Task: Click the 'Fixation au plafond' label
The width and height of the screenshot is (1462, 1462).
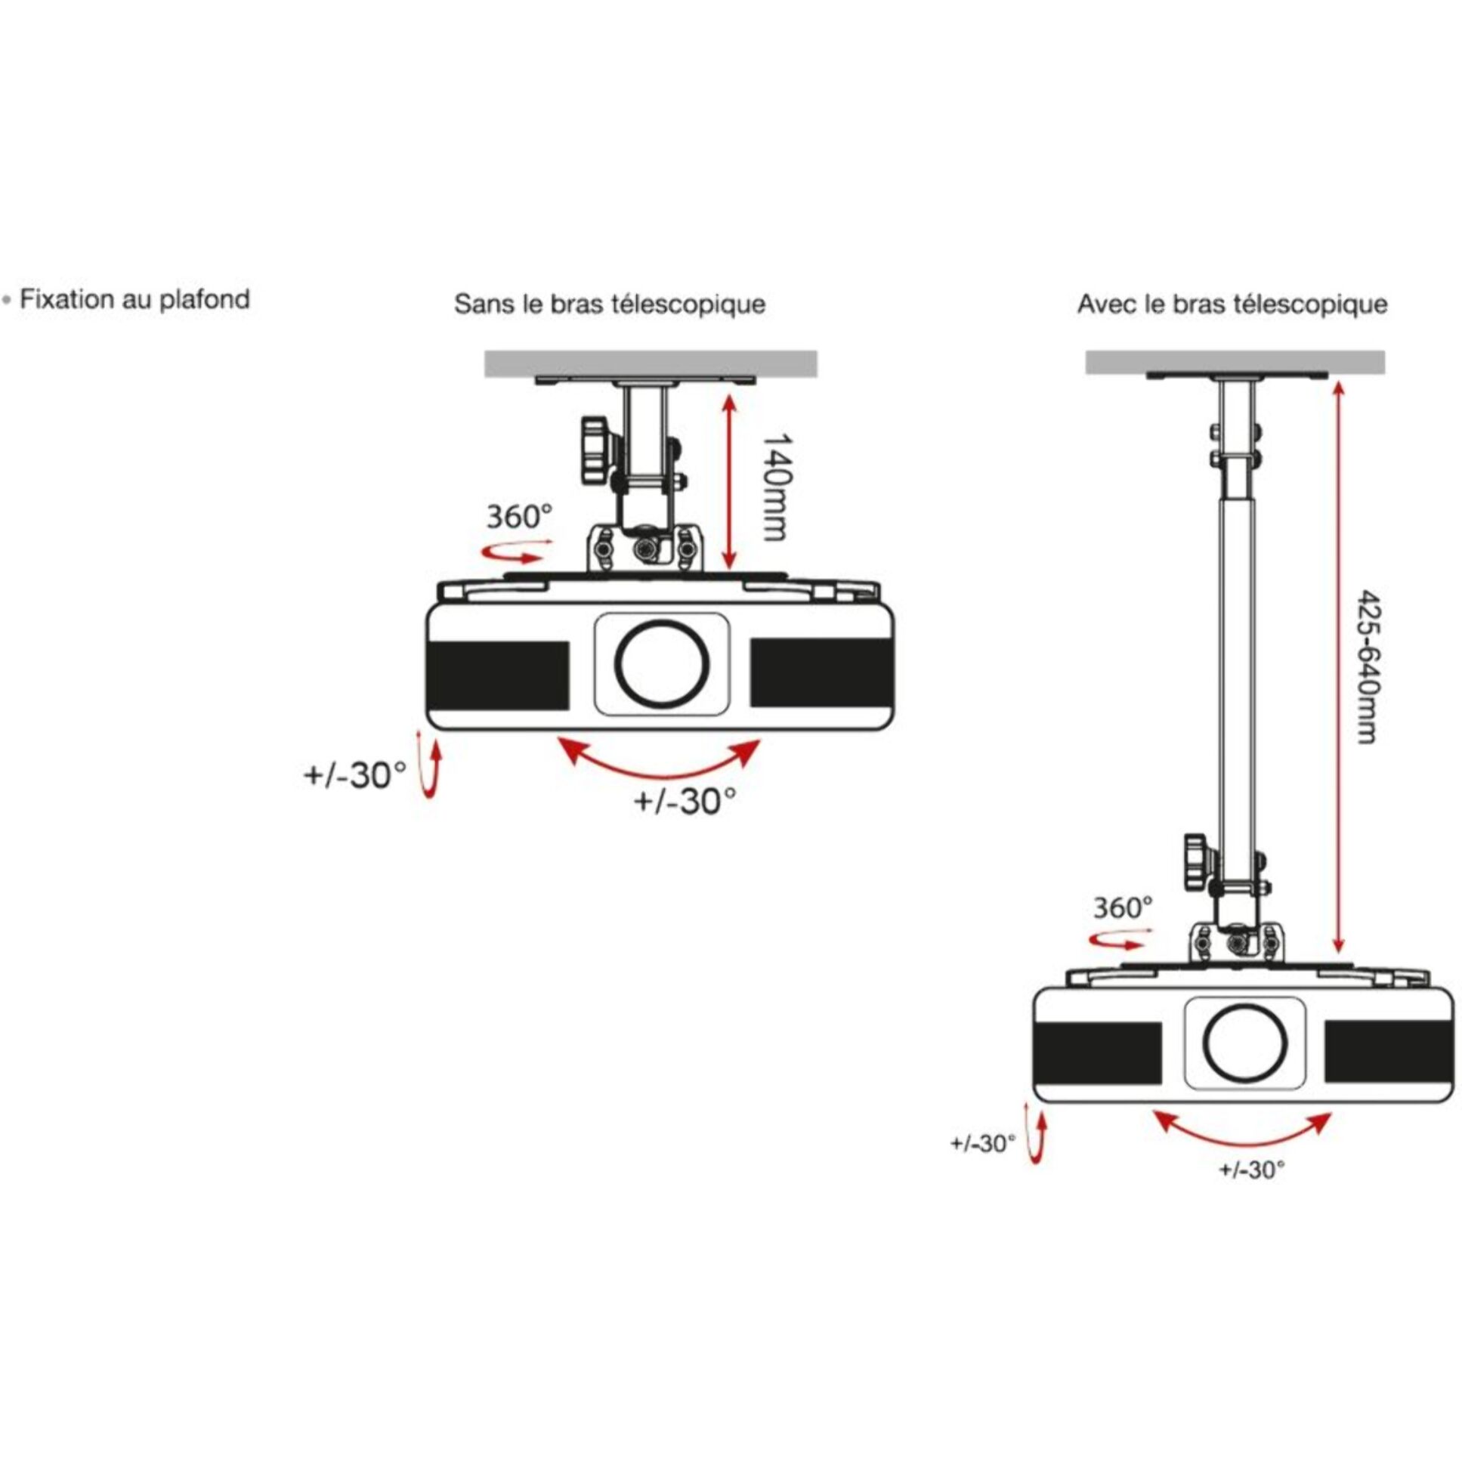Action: pyautogui.click(x=134, y=300)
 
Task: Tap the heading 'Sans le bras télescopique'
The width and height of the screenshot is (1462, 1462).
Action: pyautogui.click(x=609, y=304)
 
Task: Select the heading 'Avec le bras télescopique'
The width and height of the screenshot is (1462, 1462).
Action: pyautogui.click(x=1232, y=304)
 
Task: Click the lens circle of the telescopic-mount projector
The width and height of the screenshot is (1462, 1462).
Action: pyautogui.click(x=1244, y=1043)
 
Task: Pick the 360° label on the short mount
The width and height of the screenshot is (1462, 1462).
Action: pyautogui.click(x=519, y=517)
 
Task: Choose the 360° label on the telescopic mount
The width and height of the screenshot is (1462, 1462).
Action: pyautogui.click(x=1123, y=907)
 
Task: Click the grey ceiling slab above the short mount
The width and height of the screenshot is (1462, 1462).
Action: pyautogui.click(x=651, y=363)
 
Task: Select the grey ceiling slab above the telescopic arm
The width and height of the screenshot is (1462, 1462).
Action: pyautogui.click(x=1235, y=362)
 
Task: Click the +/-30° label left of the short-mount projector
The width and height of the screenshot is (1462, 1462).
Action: pyautogui.click(x=355, y=776)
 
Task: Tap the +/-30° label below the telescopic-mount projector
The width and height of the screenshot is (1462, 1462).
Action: pyautogui.click(x=1252, y=1170)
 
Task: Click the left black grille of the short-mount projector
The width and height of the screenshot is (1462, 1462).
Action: pyautogui.click(x=499, y=675)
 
